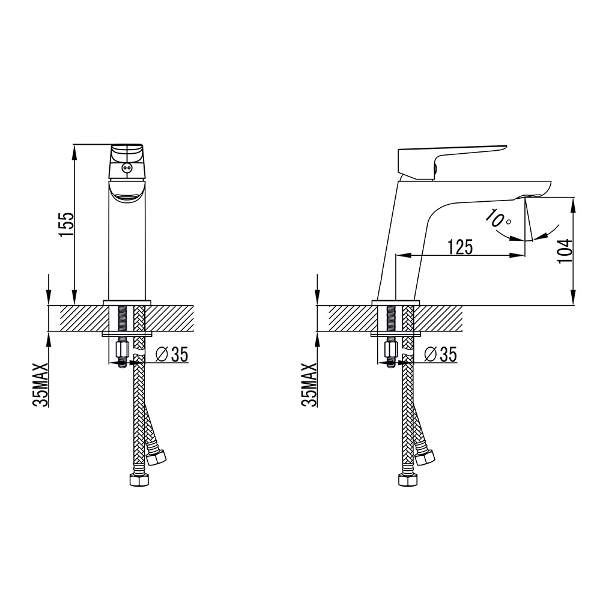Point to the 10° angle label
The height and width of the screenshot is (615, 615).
tap(498, 219)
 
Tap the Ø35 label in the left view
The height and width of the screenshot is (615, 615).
tap(172, 355)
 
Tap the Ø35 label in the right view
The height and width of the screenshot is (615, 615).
tap(440, 355)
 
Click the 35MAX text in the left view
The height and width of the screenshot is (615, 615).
tap(41, 385)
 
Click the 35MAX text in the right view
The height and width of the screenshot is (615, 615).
tap(310, 385)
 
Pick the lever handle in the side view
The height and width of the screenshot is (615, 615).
tap(450, 157)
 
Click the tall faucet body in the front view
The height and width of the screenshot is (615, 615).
tap(127, 252)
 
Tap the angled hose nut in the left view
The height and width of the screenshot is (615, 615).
tap(156, 456)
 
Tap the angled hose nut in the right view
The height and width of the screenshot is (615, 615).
tap(425, 456)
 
